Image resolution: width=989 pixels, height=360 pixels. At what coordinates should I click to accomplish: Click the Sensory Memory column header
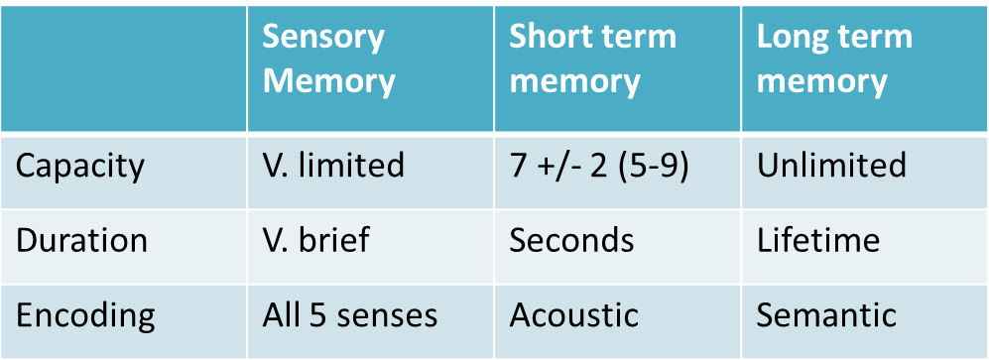[328, 60]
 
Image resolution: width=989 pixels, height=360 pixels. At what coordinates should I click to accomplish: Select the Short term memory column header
[592, 60]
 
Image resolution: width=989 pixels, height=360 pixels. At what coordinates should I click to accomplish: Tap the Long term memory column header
[833, 60]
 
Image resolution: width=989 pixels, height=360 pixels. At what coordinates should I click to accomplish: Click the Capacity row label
[79, 165]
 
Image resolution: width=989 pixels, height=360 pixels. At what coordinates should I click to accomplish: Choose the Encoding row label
[85, 315]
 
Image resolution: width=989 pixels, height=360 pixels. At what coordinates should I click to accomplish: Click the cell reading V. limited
[333, 165]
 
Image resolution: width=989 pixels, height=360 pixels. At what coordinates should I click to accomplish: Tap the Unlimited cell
[831, 165]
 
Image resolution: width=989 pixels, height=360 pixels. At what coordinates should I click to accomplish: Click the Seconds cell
[571, 240]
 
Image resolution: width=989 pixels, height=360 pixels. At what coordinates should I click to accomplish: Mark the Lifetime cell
[818, 240]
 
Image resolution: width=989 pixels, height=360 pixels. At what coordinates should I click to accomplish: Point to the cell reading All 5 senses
[350, 315]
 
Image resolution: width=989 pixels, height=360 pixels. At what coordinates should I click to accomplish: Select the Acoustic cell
[574, 315]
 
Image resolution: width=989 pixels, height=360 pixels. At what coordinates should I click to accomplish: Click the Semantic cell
[826, 315]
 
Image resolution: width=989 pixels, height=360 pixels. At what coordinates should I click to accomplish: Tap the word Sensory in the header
[323, 38]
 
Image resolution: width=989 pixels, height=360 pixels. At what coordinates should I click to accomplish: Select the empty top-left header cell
[123, 69]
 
